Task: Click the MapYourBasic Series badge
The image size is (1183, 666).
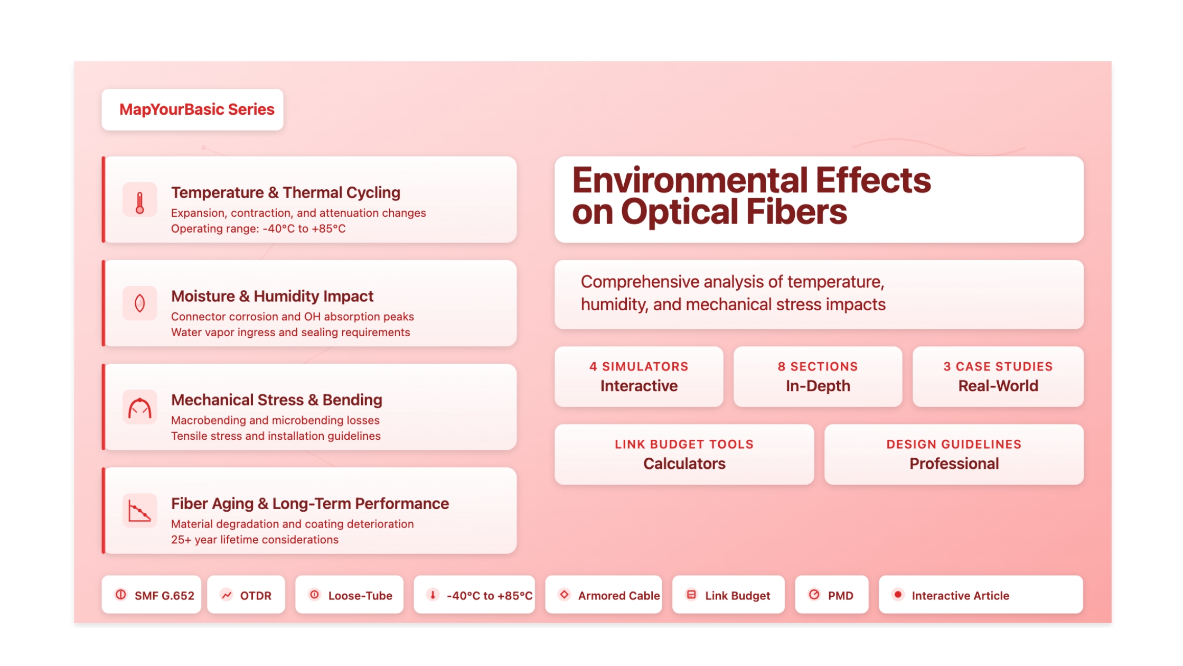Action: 192,109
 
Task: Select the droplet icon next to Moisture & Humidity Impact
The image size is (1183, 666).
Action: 140,303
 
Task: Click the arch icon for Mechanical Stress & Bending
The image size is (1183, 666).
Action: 140,408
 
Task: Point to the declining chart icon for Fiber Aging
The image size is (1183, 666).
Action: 140,511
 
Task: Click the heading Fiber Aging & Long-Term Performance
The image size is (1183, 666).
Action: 310,504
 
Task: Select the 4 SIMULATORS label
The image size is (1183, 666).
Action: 639,366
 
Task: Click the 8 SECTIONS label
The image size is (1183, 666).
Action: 818,366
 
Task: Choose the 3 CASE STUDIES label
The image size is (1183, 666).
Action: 998,366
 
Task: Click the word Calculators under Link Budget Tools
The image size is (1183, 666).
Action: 684,464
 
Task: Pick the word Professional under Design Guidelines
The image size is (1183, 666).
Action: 954,464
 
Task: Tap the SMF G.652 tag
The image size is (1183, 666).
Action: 152,595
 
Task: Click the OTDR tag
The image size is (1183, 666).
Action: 246,595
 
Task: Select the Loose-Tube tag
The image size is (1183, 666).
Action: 350,595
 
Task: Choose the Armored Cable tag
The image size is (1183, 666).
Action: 604,595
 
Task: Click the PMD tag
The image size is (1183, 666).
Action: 832,595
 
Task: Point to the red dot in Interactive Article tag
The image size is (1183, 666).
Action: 898,594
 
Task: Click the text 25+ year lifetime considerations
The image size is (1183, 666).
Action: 255,540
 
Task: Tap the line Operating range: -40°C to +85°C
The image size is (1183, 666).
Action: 258,229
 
